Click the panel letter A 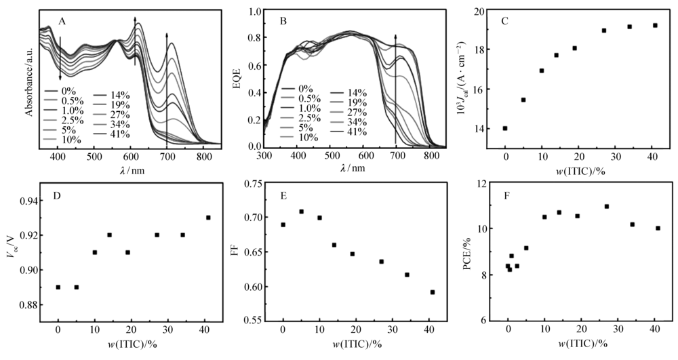(x=62, y=21)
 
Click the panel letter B (x=284, y=20)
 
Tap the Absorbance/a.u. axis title (x=28, y=77)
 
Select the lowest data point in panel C (x=505, y=128)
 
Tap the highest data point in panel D (x=208, y=218)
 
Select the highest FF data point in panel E (x=301, y=212)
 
